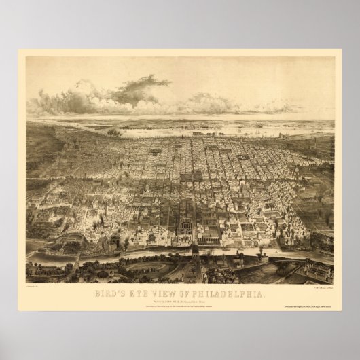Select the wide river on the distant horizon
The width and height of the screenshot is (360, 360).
204,126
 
